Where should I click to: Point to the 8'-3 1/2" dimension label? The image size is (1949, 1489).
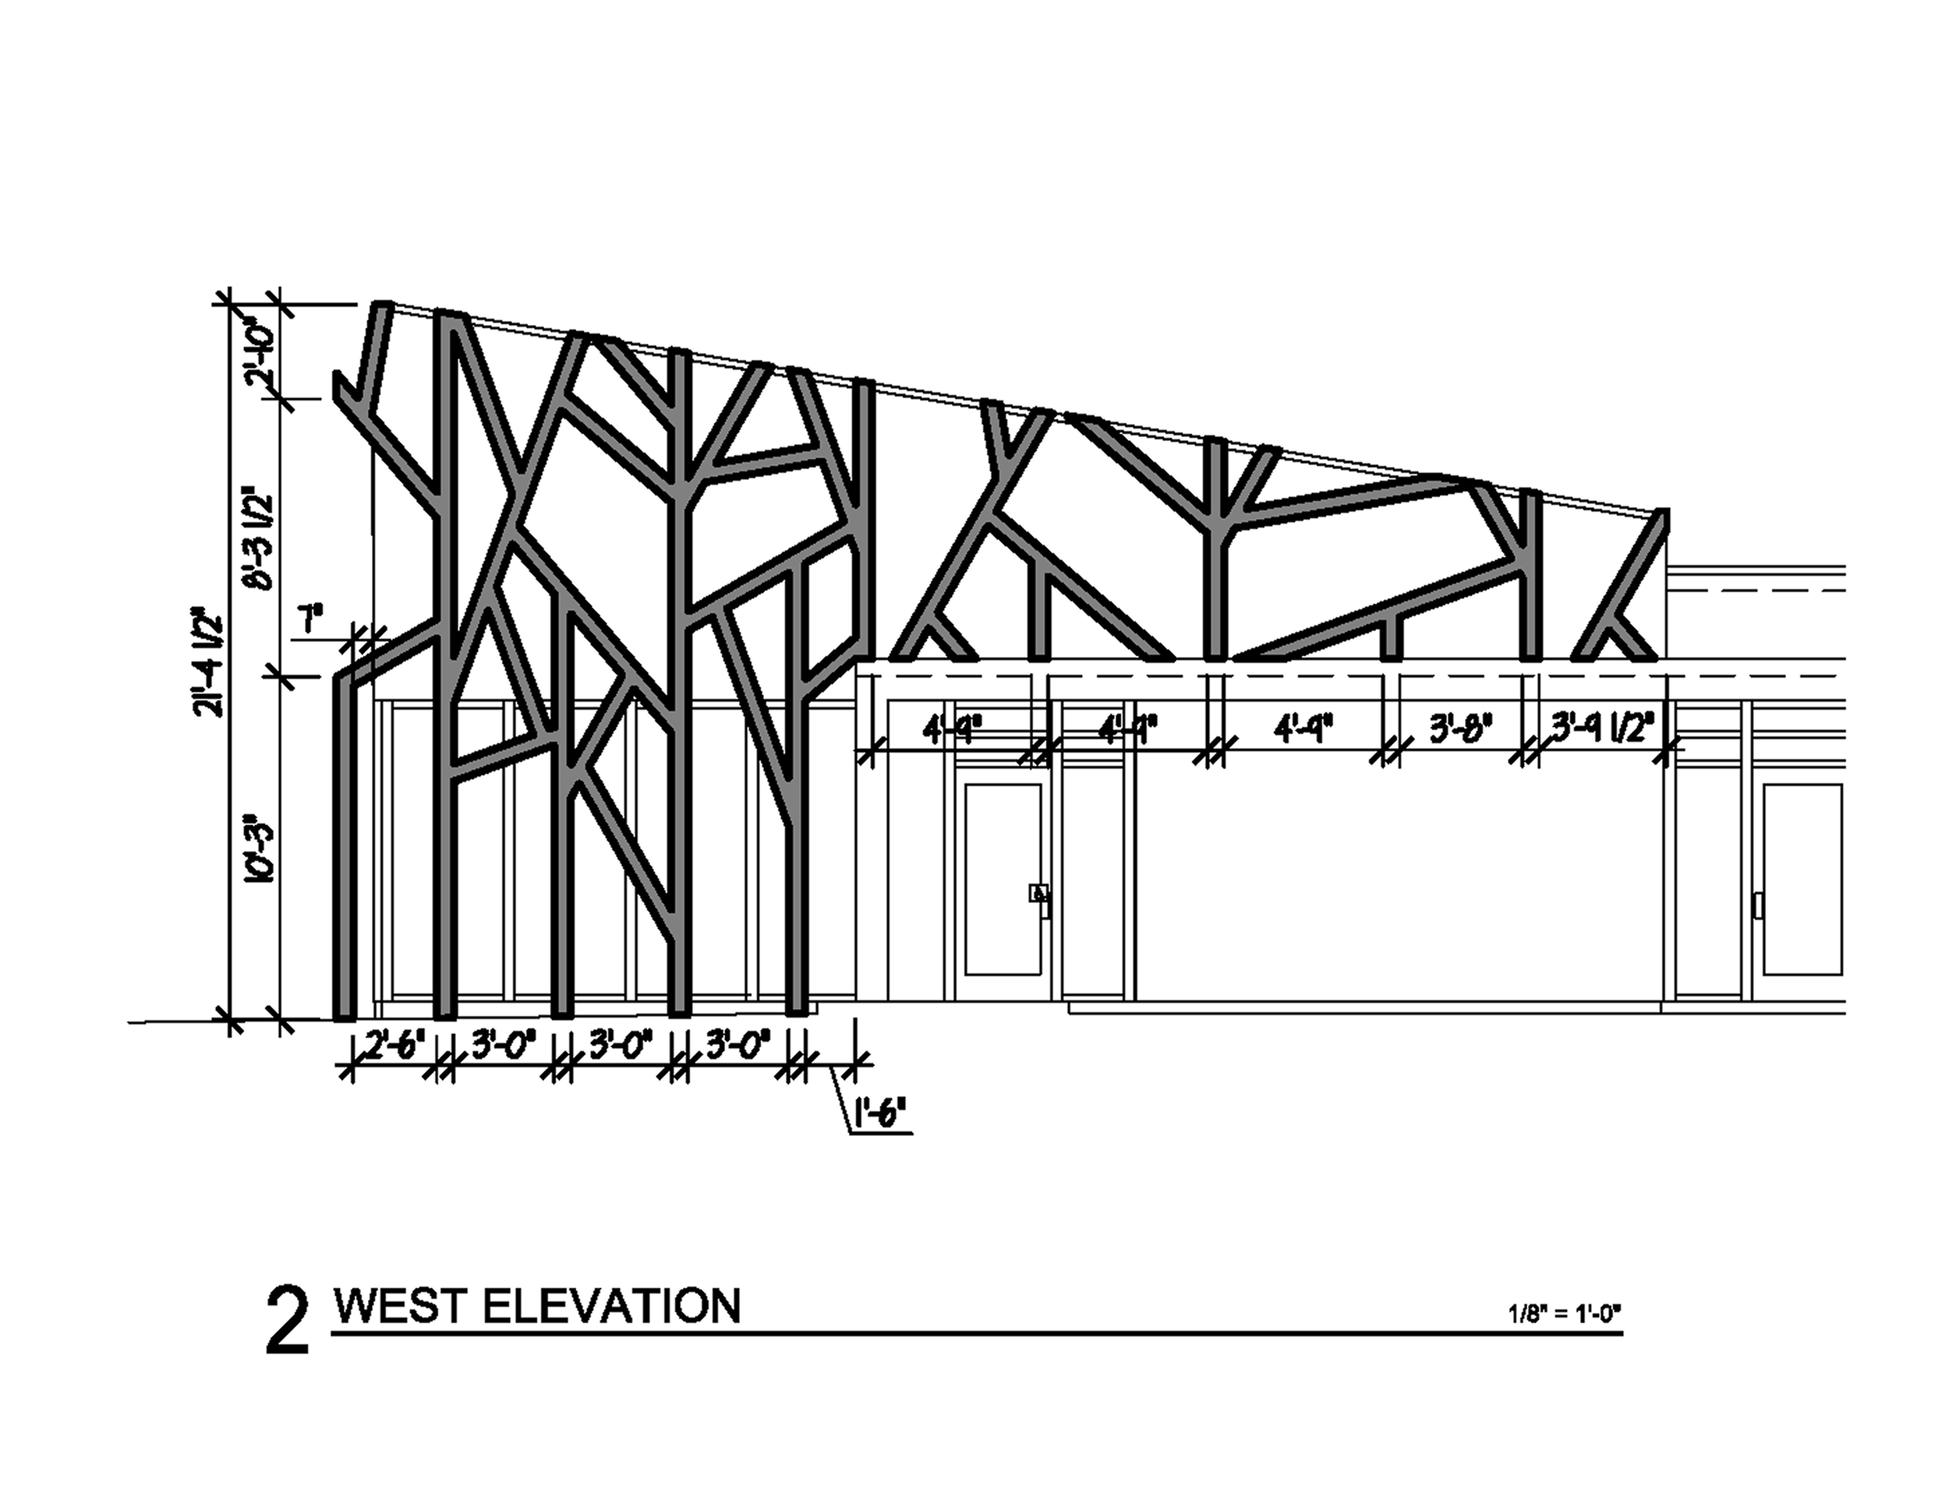click(264, 537)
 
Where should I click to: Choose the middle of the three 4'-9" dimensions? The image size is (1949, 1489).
click(1127, 731)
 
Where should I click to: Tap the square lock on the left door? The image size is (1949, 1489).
click(1035, 892)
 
